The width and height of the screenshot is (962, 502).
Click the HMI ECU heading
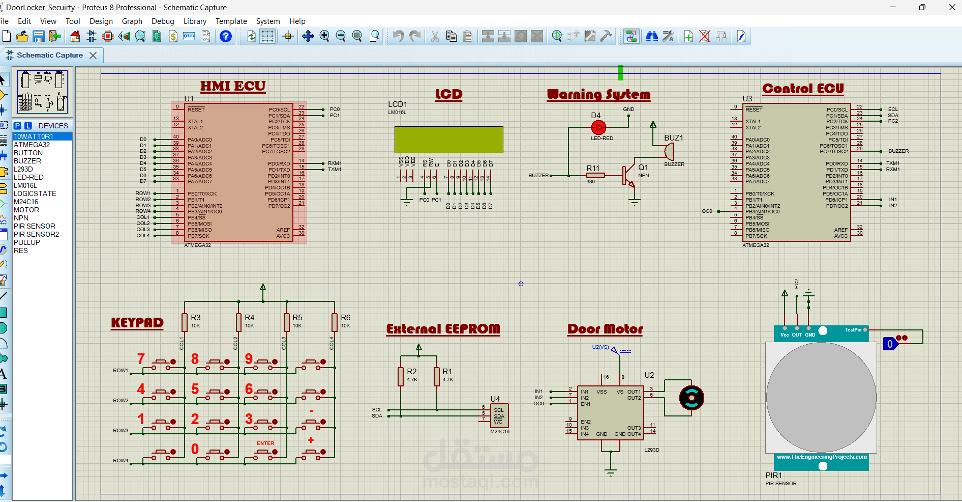[x=233, y=86]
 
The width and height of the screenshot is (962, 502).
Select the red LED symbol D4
[x=598, y=127]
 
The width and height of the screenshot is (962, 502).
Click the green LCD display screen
[x=448, y=140]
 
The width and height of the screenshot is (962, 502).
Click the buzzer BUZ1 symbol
[x=669, y=151]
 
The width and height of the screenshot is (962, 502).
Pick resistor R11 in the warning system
[x=595, y=175]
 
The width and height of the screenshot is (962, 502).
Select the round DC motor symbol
[x=692, y=398]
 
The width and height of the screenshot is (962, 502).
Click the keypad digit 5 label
[x=195, y=389]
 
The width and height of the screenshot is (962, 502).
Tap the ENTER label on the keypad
[x=265, y=443]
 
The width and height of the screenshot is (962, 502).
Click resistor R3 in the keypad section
[x=185, y=322]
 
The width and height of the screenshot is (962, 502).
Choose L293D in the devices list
[x=23, y=169]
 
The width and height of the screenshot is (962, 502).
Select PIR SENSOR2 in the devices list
[x=36, y=234]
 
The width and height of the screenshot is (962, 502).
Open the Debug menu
[x=163, y=21]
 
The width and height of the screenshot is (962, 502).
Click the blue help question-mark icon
[x=225, y=36]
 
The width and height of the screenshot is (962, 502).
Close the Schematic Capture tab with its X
[x=93, y=55]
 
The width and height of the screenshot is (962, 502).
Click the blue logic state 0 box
[x=890, y=344]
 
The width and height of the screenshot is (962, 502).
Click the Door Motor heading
[x=605, y=329]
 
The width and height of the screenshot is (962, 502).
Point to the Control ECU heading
[x=803, y=89]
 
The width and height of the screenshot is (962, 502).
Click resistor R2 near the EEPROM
[x=401, y=376]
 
